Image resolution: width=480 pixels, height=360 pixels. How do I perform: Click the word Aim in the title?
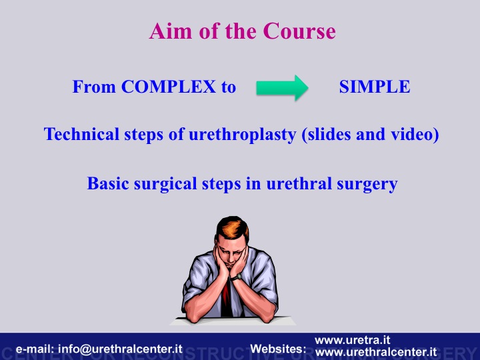point(171,31)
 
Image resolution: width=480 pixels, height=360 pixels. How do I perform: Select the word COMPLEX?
point(169,87)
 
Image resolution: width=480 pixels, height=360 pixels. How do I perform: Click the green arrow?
point(282,88)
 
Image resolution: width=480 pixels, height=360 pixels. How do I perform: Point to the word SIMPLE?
point(375,87)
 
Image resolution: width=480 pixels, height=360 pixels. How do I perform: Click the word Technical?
point(81,134)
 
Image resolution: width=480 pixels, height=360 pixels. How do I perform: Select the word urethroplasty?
point(243,135)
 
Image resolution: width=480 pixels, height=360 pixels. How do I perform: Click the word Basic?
point(108,184)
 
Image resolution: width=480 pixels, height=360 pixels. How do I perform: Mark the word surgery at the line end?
point(367,185)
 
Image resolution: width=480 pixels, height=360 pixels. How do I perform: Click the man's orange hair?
point(231,228)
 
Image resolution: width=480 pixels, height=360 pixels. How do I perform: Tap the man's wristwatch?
point(236,277)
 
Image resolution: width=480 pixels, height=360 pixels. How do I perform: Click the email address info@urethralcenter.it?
point(120,349)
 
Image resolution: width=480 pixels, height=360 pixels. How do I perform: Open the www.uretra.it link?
point(353,340)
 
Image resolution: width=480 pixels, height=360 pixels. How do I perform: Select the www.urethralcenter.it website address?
point(375,352)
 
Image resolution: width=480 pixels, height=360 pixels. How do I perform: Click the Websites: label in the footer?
point(278,349)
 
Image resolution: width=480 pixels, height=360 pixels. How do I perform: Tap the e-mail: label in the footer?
point(35,349)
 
